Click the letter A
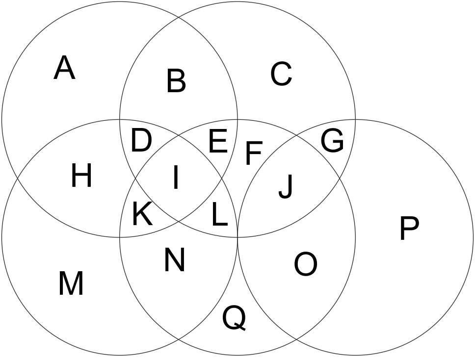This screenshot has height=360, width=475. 64,68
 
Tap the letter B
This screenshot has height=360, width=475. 176,81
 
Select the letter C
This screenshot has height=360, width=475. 281,75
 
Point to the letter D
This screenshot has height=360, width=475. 141,142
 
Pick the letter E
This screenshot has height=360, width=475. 218,142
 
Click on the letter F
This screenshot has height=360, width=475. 253,153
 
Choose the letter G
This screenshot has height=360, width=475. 332,141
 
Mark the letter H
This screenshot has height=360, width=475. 81,176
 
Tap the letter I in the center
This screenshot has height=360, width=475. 175,178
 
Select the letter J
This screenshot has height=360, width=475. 286,186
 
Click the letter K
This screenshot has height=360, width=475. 142,214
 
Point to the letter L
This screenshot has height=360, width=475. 219,215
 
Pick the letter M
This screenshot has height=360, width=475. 71,283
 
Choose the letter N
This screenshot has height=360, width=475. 174,260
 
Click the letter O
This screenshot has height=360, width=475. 305,264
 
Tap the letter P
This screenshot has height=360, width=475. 409,229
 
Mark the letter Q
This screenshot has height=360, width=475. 234,318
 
